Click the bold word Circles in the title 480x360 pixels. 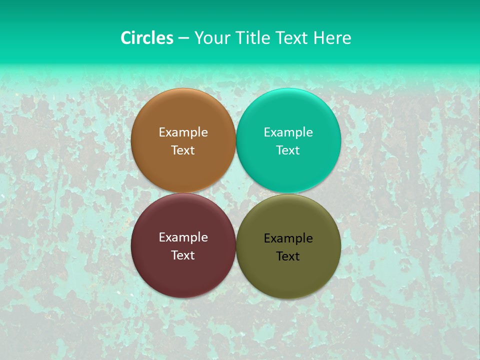[146, 38]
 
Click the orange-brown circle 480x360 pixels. [183, 115]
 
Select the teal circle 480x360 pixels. [288, 115]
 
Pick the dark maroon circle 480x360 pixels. [183, 272]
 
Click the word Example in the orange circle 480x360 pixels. [183, 132]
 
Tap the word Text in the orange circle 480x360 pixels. [183, 150]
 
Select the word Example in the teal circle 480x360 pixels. [288, 132]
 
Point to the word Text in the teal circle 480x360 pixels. [288, 150]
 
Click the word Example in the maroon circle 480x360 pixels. [183, 237]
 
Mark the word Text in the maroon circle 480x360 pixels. [183, 255]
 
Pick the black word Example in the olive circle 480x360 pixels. [288, 238]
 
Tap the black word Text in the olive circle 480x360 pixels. [288, 256]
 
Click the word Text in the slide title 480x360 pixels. [292, 38]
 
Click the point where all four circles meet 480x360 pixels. [236, 193]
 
